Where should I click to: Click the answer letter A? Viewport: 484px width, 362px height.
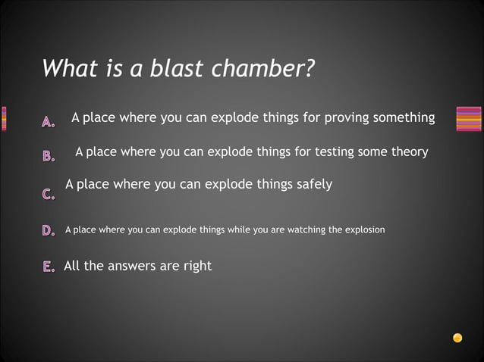point(49,120)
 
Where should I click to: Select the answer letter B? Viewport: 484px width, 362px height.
point(49,157)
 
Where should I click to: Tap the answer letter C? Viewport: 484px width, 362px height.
point(49,195)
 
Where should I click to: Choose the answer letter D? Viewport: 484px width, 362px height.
point(49,230)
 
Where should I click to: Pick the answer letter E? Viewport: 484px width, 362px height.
point(49,267)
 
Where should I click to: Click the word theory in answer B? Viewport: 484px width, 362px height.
point(410,152)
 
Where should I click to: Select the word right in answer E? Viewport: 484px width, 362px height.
point(194,266)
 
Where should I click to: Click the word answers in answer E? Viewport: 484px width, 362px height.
point(137,266)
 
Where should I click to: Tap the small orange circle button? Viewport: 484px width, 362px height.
point(457,338)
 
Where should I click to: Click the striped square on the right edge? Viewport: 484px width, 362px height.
point(469,119)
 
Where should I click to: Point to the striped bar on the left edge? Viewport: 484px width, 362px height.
point(4,119)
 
